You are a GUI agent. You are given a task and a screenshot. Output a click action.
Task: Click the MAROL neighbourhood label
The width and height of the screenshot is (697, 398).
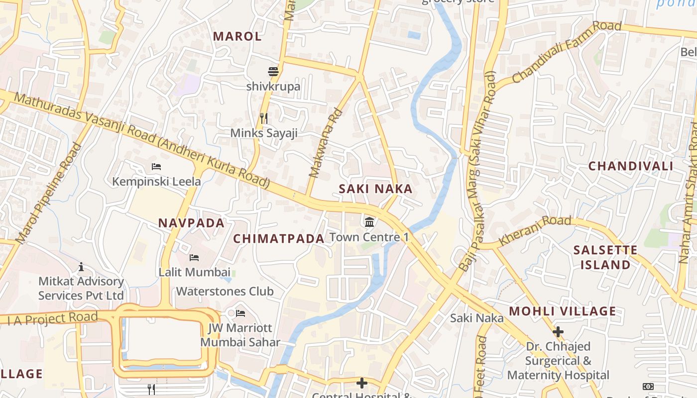pyautogui.click(x=237, y=36)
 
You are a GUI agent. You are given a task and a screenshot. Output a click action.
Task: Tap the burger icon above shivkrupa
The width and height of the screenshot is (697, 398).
pyautogui.click(x=273, y=72)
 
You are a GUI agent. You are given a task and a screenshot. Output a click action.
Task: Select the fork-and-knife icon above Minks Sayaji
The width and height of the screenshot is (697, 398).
pyautogui.click(x=264, y=118)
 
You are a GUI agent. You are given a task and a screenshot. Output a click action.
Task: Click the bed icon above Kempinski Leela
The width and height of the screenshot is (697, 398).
pyautogui.click(x=156, y=166)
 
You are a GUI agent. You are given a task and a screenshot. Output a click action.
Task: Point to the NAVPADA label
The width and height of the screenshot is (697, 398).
pyautogui.click(x=192, y=223)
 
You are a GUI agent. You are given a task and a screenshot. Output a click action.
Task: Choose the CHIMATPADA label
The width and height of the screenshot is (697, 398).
pyautogui.click(x=279, y=239)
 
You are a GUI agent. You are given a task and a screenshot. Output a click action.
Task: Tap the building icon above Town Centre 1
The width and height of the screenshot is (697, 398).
pyautogui.click(x=369, y=221)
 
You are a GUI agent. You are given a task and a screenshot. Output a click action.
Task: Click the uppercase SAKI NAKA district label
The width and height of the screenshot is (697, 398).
pyautogui.click(x=375, y=189)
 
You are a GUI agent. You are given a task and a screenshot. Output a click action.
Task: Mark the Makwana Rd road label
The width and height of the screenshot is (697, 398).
pyautogui.click(x=327, y=144)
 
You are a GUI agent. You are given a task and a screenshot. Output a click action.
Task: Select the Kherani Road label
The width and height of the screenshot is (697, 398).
pyautogui.click(x=535, y=230)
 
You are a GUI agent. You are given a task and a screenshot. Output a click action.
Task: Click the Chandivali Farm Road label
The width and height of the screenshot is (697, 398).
pyautogui.click(x=566, y=52)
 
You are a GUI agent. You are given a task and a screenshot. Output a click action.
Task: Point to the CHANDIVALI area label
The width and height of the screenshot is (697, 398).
pyautogui.click(x=630, y=166)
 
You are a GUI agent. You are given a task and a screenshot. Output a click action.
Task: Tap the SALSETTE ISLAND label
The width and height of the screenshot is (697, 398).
pyautogui.click(x=605, y=257)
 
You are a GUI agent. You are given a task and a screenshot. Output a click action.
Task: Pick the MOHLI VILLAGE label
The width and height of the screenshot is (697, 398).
pyautogui.click(x=562, y=312)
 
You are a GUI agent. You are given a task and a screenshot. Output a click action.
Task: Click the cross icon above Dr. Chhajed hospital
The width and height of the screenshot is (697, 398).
pyautogui.click(x=558, y=331)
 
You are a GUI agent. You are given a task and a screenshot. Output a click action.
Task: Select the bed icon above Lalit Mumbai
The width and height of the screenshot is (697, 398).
pyautogui.click(x=194, y=257)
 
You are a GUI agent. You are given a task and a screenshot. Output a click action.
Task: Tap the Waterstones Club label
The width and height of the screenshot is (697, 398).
pyautogui.click(x=225, y=291)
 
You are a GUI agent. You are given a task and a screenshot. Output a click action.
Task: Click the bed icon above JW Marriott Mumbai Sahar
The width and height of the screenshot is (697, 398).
pyautogui.click(x=240, y=313)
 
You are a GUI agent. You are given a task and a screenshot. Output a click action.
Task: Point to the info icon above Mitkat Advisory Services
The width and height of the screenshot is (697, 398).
pyautogui.click(x=81, y=267)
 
